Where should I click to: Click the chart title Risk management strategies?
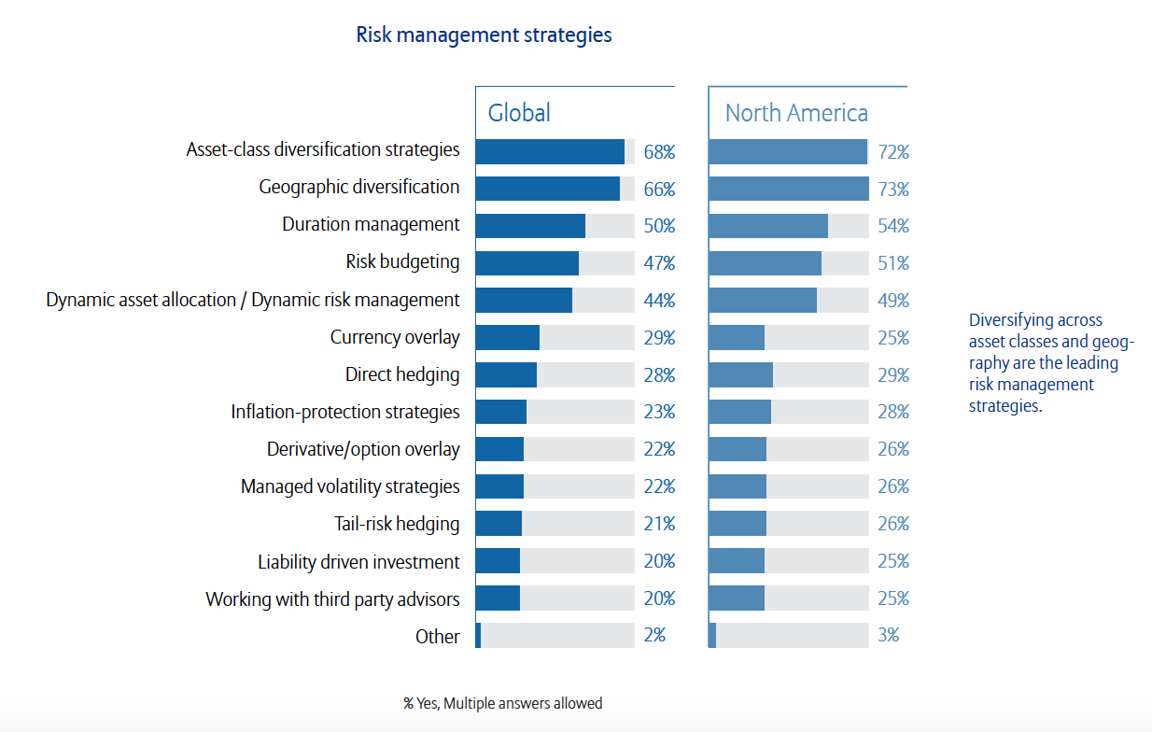484,35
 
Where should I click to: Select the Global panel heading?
519,113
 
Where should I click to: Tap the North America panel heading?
796,113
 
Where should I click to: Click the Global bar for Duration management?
530,226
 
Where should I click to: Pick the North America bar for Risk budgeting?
765,263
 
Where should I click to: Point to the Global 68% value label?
659,151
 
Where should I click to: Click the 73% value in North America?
892,189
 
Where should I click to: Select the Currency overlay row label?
395,337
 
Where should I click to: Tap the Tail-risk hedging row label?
397,524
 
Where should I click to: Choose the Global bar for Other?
478,636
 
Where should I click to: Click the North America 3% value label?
888,636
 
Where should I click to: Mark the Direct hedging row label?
402,374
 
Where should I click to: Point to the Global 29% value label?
659,338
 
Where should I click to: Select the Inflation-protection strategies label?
345,412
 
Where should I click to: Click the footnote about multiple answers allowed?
502,703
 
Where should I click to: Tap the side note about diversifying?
1051,363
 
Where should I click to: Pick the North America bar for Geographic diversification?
788,189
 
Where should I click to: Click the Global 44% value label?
659,301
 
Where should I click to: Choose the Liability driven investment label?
358,561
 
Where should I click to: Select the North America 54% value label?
892,226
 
